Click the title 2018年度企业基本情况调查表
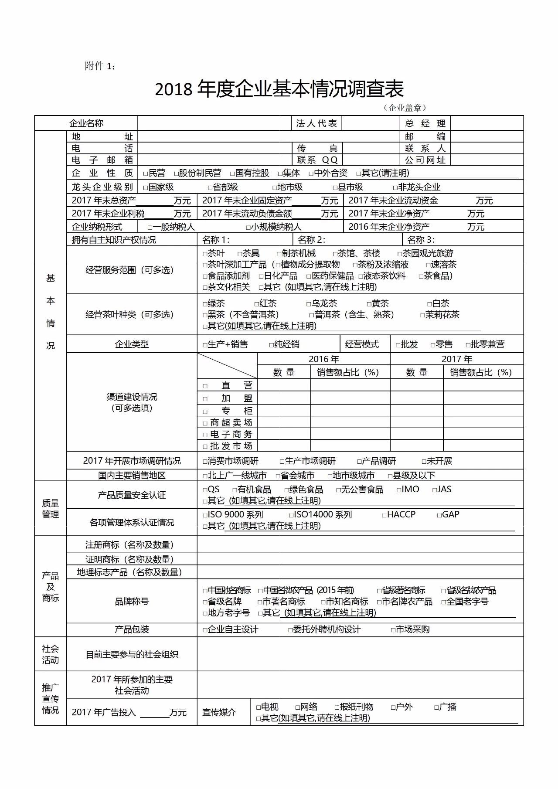point(279,89)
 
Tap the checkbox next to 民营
point(146,173)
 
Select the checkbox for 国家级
point(146,187)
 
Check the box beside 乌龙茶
point(309,304)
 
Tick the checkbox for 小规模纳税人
point(248,227)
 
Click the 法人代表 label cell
point(316,123)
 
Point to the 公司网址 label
point(425,160)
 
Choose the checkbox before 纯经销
point(271,345)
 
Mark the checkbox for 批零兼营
point(468,345)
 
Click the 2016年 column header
point(323,359)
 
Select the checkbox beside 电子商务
point(205,435)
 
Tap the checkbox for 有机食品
point(235,490)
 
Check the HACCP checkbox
point(384,515)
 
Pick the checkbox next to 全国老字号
point(444,602)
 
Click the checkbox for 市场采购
point(393,630)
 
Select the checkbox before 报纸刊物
point(337,707)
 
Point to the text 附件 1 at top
point(100,66)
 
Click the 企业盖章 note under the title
point(405,108)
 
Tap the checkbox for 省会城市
point(278,476)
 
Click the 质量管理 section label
point(51,509)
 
